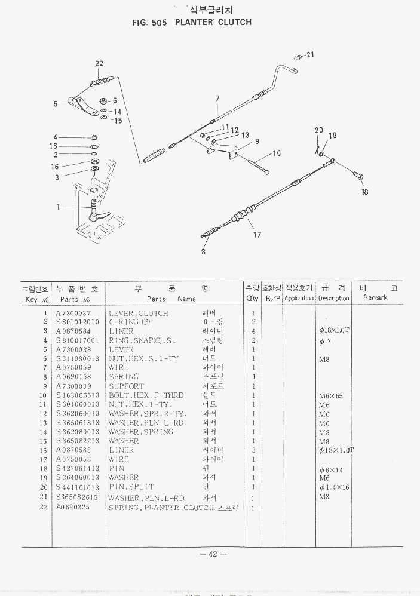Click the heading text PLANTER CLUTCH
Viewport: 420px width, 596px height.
(213, 23)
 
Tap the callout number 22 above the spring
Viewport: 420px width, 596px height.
(99, 64)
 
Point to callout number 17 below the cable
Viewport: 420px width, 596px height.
(257, 235)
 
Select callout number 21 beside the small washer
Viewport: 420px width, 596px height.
(310, 55)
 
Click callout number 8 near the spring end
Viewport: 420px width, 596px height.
(203, 251)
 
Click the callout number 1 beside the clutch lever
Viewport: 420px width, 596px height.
(58, 207)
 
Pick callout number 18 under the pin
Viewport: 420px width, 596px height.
(365, 192)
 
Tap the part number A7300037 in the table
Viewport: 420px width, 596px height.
(73, 313)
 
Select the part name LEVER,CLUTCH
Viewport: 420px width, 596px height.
(138, 313)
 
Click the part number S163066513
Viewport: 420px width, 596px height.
(78, 395)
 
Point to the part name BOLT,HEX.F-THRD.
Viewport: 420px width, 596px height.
(148, 395)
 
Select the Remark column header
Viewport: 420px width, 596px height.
(375, 297)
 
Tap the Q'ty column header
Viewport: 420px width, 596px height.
(252, 297)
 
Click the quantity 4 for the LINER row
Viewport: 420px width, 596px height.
(253, 331)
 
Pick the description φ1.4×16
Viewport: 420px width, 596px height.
(334, 487)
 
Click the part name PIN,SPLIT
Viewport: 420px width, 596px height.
(131, 487)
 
